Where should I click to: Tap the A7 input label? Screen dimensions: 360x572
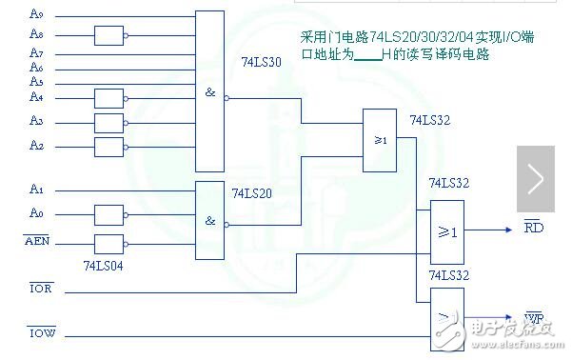point(36,52)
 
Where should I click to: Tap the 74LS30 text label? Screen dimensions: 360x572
point(263,61)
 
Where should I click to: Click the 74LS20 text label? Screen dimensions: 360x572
point(251,192)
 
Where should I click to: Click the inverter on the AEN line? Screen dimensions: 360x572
point(109,243)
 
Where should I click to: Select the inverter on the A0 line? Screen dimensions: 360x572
point(109,214)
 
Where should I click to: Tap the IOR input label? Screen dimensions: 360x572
point(40,286)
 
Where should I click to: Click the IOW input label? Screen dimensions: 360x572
point(40,332)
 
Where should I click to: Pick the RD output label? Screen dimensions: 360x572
point(533,228)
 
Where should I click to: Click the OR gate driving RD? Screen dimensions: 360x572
point(447,231)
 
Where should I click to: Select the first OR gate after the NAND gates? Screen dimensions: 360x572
point(379,139)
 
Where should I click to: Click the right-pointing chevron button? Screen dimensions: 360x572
point(536,179)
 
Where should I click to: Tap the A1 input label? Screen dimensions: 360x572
point(36,189)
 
